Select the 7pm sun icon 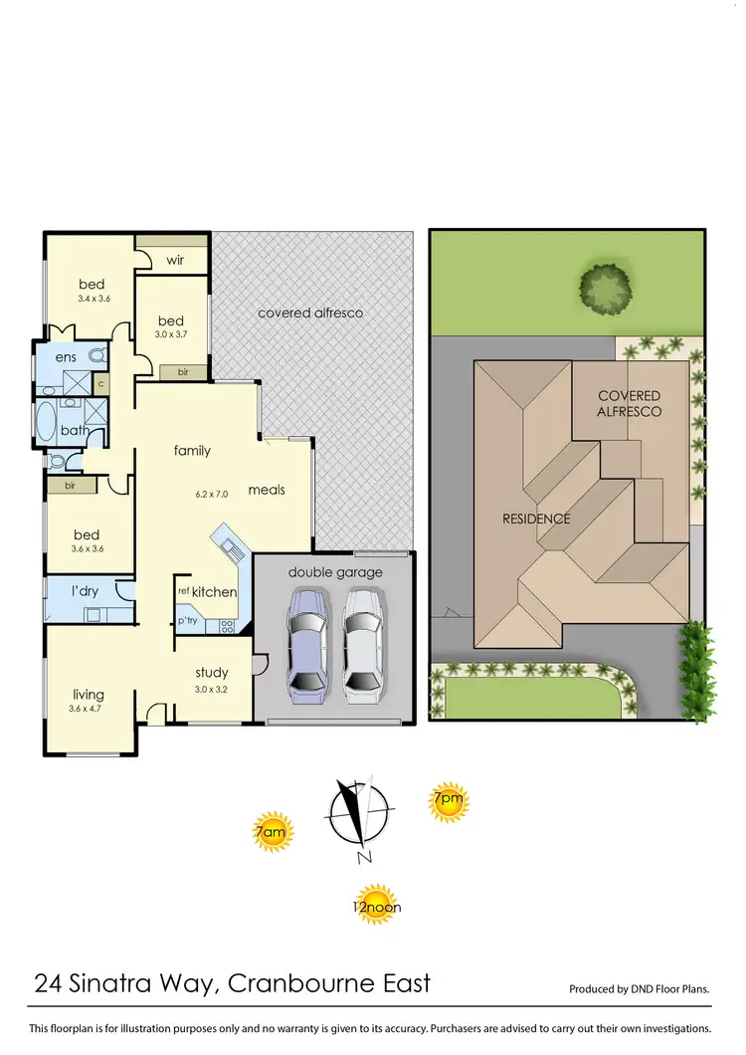[x=448, y=800]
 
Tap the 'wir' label [x=175, y=260]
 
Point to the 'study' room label [x=212, y=672]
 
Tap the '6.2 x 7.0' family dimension [x=211, y=494]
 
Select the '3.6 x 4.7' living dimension [x=87, y=710]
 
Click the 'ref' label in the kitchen [x=183, y=591]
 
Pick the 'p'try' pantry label [x=187, y=622]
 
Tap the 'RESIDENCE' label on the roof [x=537, y=519]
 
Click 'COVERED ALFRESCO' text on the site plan [x=629, y=403]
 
